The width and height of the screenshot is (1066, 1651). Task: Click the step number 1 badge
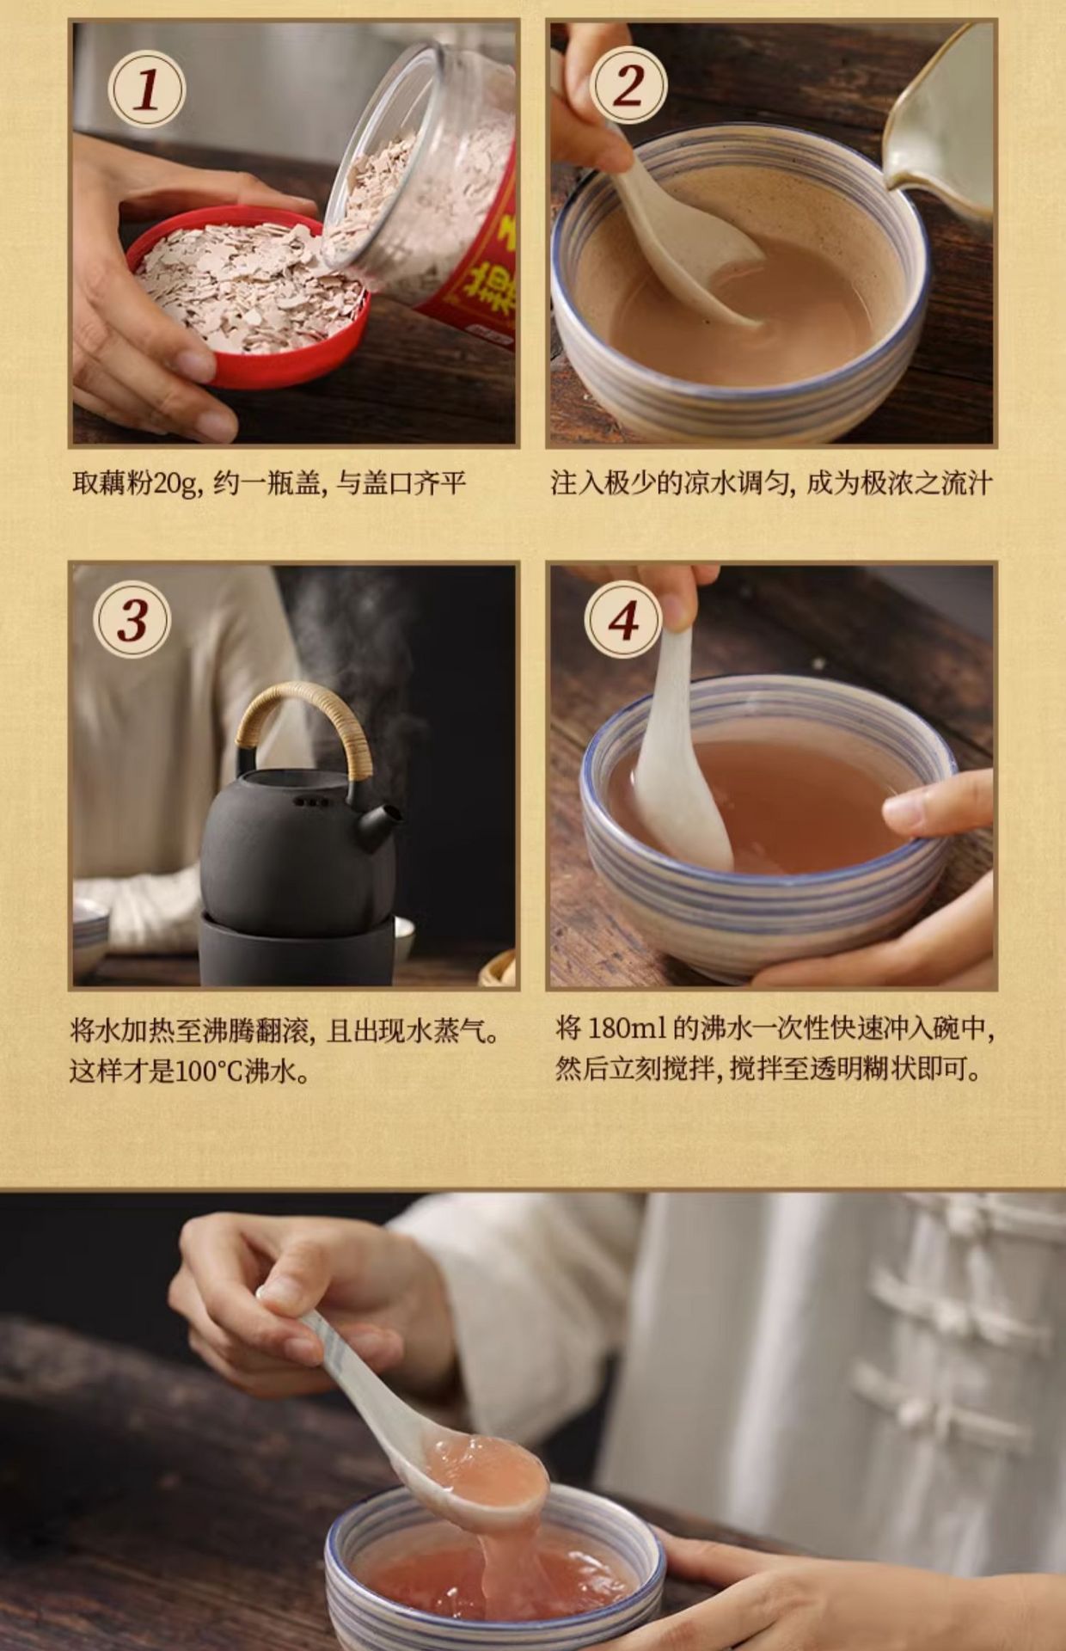pyautogui.click(x=146, y=89)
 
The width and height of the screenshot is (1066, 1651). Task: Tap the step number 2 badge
pyautogui.click(x=628, y=85)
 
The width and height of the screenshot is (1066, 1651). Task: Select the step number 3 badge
pyautogui.click(x=132, y=619)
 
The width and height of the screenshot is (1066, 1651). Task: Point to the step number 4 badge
pyautogui.click(x=623, y=620)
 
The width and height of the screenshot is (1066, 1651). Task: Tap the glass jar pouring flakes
pyautogui.click(x=421, y=185)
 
